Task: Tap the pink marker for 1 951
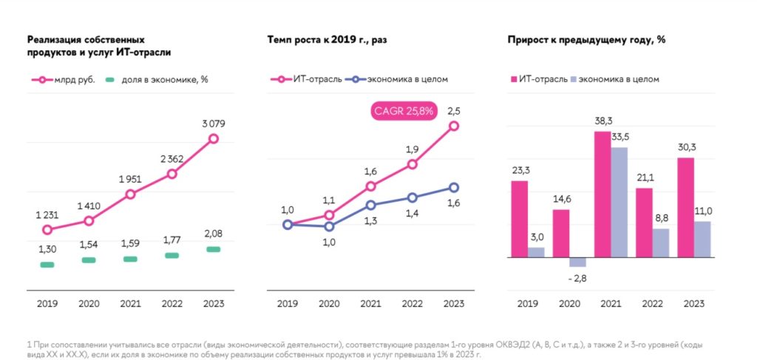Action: (130, 194)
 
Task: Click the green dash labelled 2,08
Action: (213, 250)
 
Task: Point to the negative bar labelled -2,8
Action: (577, 262)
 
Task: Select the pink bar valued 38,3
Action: (602, 194)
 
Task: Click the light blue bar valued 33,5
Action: (619, 203)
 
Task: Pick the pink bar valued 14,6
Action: (561, 234)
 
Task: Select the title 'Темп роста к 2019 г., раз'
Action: (327, 39)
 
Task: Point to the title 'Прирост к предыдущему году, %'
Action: (586, 39)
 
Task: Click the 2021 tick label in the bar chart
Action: (611, 303)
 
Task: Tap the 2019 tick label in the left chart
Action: (47, 303)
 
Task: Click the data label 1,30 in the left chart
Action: (47, 249)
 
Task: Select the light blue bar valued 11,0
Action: (702, 240)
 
